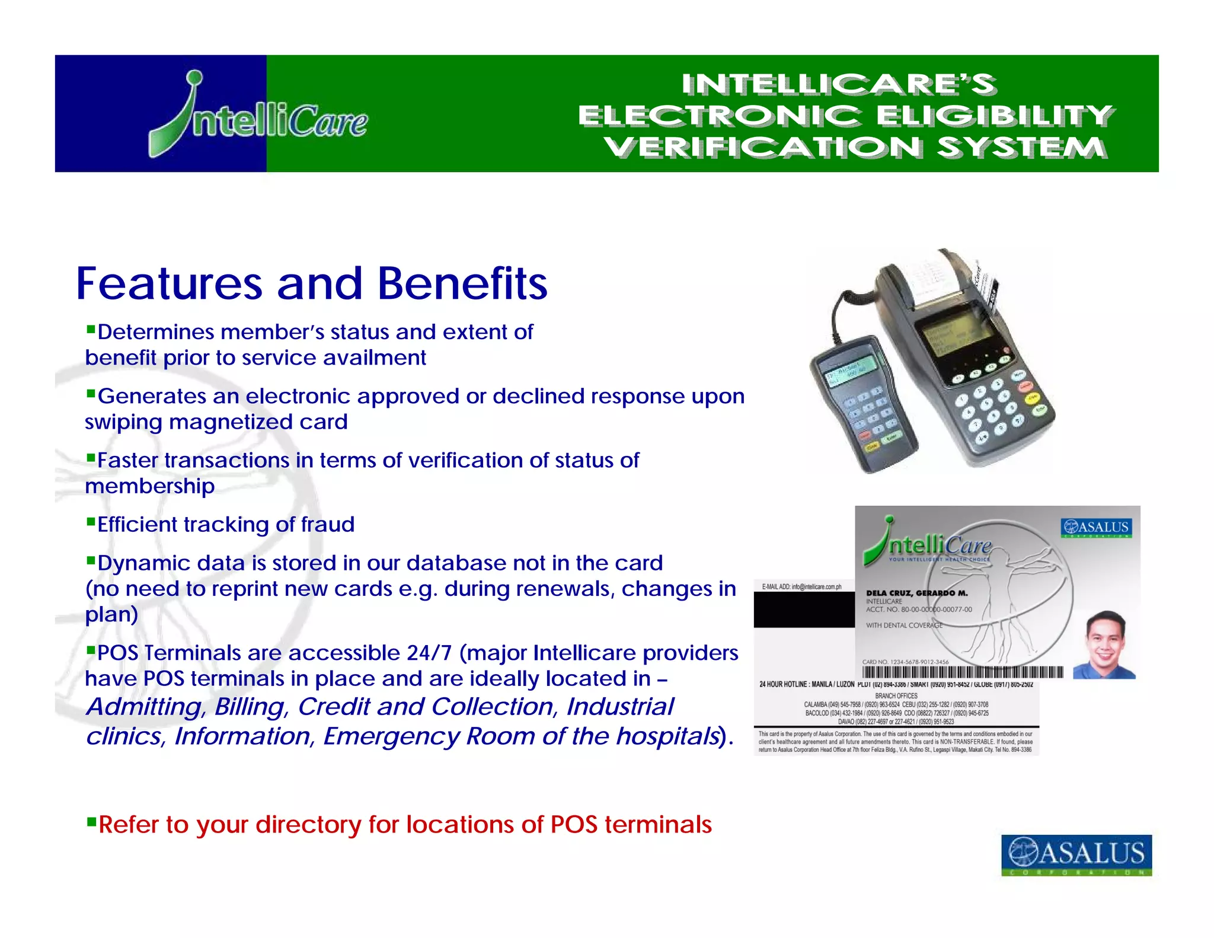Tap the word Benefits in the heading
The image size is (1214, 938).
point(462,283)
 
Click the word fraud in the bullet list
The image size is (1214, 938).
point(327,525)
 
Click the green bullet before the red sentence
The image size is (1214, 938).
point(91,822)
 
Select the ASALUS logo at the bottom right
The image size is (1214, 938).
point(1076,854)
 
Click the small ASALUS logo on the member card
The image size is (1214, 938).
point(1096,527)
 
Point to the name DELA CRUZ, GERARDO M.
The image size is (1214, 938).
point(916,593)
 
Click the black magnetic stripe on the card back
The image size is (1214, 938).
point(804,610)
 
